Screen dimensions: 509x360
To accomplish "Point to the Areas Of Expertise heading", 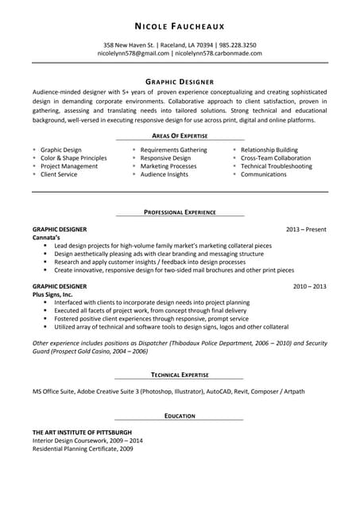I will (180, 136).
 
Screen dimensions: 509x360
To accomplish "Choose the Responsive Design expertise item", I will (165, 158).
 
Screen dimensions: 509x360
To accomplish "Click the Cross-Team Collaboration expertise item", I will (276, 158).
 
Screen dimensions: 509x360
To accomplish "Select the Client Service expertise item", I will (59, 174).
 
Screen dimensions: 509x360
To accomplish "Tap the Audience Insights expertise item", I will (165, 174).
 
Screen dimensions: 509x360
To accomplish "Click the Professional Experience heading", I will (180, 212).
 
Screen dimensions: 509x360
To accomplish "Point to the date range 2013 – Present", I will (307, 230).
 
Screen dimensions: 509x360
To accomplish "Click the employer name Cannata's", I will (46, 238).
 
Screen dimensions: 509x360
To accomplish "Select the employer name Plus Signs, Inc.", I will (52, 294).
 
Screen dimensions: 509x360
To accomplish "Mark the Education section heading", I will (180, 415).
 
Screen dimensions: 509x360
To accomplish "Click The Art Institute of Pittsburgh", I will (82, 432).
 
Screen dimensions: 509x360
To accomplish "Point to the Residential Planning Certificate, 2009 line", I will (83, 449).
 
